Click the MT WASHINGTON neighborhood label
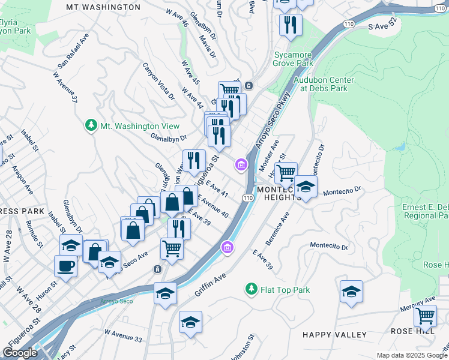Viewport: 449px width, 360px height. point(103,7)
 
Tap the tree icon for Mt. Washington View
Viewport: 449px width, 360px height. point(91,126)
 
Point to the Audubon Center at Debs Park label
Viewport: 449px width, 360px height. point(325,83)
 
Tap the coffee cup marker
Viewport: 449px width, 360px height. point(65,265)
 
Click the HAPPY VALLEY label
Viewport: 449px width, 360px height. point(334,335)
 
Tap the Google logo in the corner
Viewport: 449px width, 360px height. point(19,353)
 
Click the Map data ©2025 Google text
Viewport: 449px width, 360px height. point(412,355)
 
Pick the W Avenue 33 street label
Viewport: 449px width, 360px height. point(123,335)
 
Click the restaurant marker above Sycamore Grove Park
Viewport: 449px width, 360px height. point(291,25)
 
